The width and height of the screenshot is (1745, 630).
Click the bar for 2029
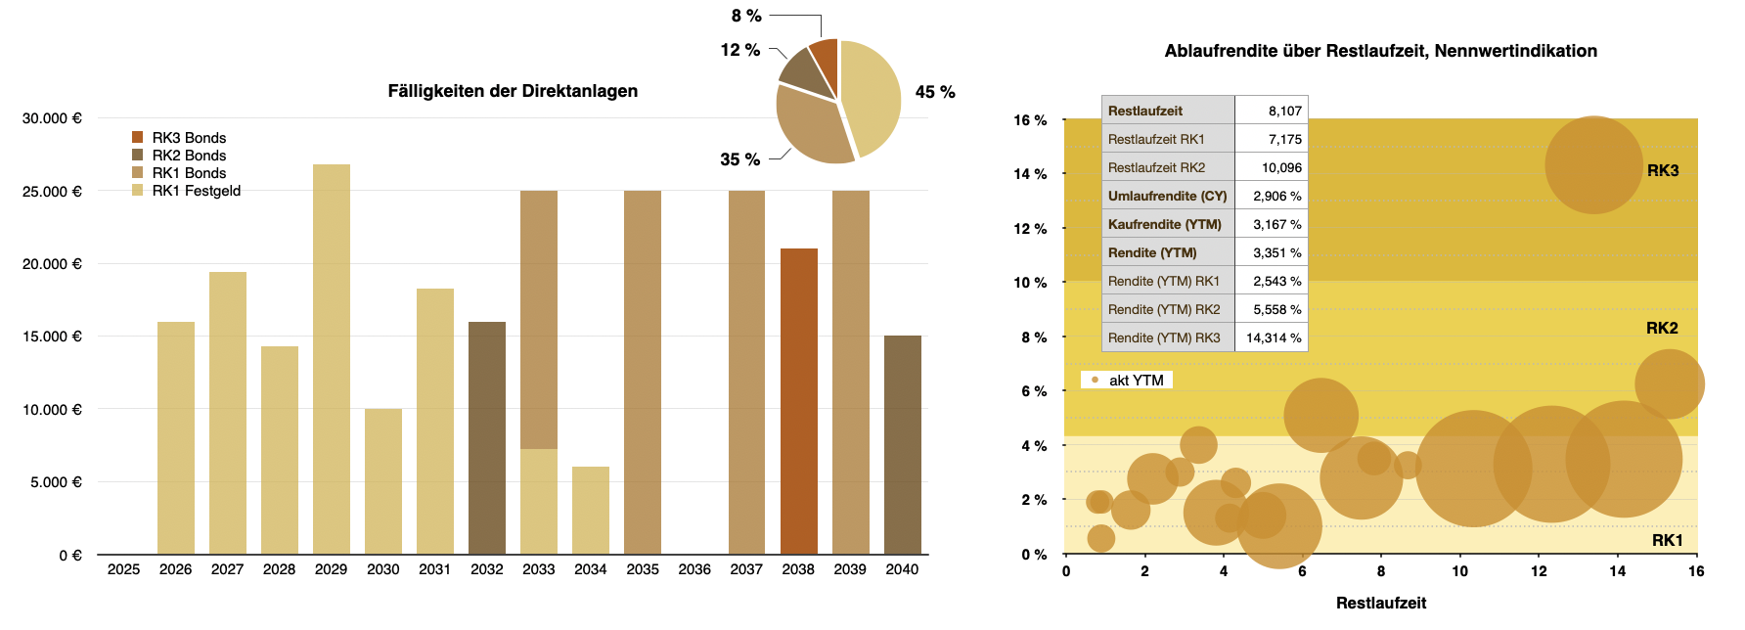point(332,359)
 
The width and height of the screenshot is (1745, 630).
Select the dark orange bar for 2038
point(798,401)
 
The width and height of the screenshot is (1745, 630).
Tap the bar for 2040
point(902,445)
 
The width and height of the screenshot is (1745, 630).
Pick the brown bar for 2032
point(487,438)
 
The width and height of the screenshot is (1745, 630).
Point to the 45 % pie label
point(934,92)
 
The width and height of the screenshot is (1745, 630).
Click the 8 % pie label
point(746,16)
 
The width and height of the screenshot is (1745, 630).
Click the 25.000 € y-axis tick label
point(53,192)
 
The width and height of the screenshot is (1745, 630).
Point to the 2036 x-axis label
point(694,569)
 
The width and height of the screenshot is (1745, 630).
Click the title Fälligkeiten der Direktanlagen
point(513,91)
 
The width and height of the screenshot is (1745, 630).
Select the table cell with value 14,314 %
point(1273,337)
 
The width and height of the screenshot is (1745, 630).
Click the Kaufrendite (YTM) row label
point(1165,224)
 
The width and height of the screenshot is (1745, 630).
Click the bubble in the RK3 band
point(1593,164)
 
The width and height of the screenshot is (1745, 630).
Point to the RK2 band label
point(1662,328)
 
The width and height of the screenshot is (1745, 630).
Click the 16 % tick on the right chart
point(1030,120)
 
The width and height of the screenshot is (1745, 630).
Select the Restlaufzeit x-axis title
point(1380,603)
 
